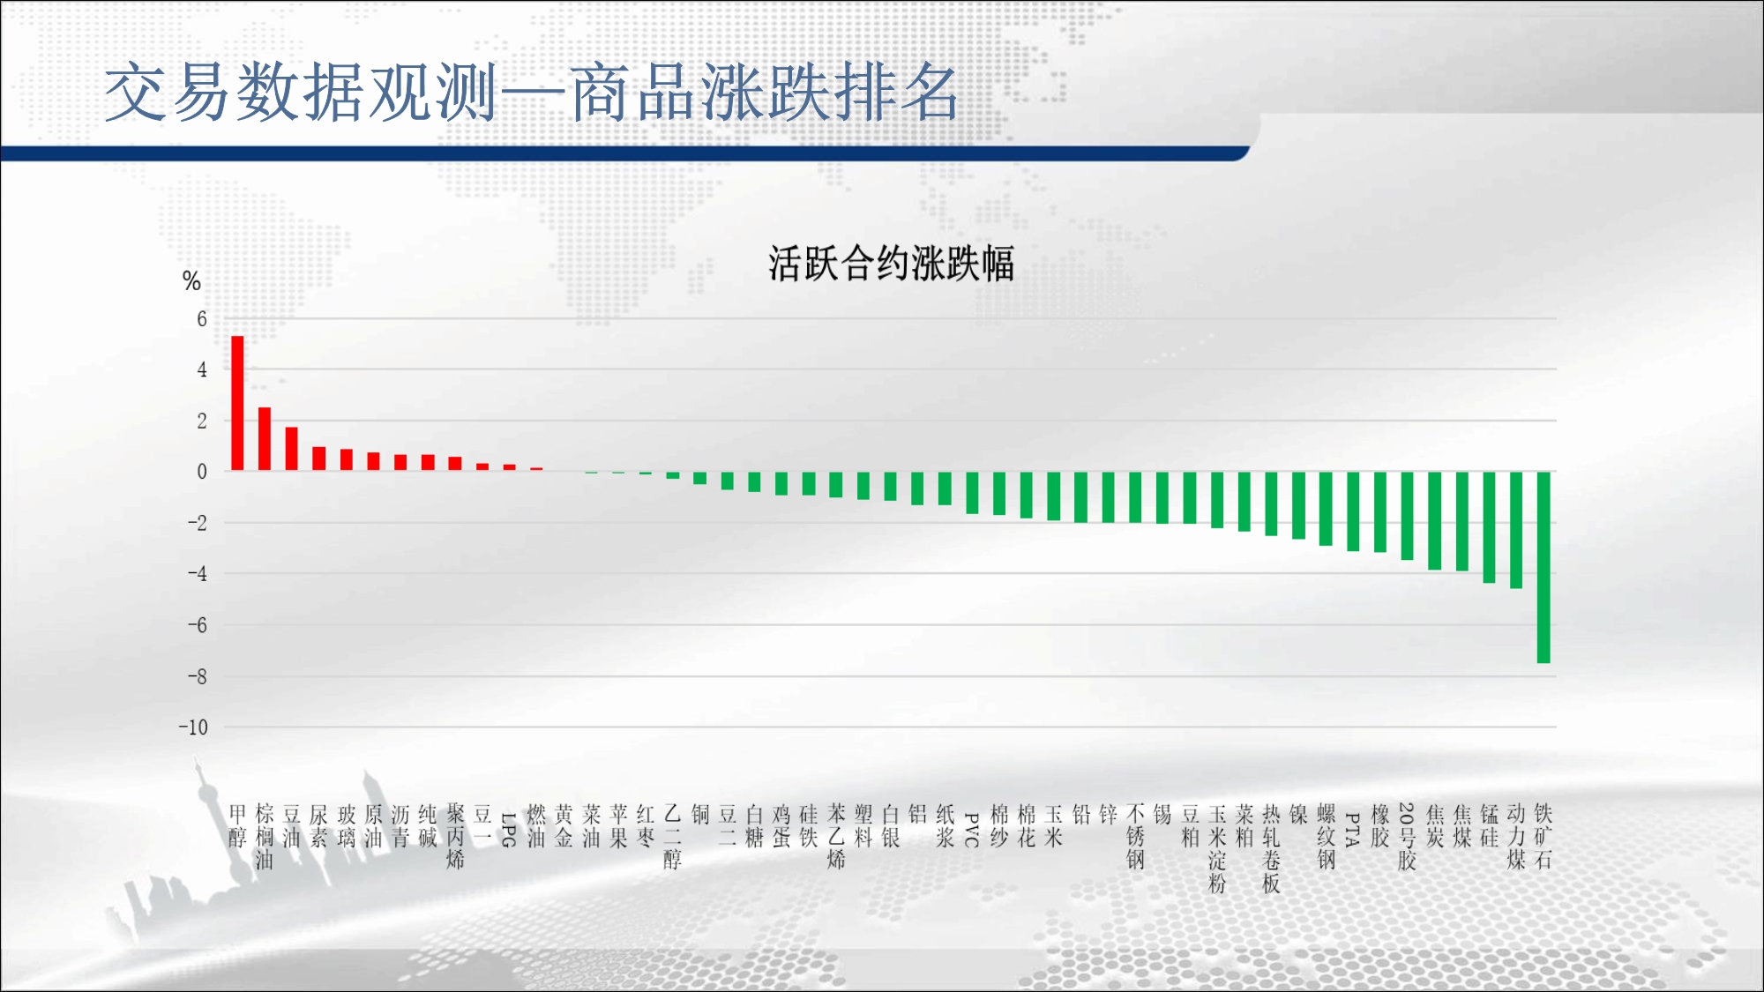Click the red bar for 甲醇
[x=237, y=403]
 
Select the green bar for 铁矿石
[x=1543, y=567]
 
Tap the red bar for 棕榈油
[x=265, y=439]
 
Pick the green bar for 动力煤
[x=1516, y=530]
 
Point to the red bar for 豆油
[x=292, y=449]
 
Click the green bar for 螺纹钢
[x=1326, y=509]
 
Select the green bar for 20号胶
[x=1408, y=516]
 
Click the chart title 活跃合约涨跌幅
[x=891, y=264]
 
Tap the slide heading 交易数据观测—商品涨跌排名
[x=531, y=93]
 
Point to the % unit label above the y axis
[x=191, y=281]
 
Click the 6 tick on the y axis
[x=202, y=319]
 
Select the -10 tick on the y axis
[x=193, y=727]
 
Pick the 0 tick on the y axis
[x=202, y=472]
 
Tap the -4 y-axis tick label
[x=197, y=574]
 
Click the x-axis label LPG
[x=509, y=830]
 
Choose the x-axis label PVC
[x=972, y=830]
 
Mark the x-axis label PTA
[x=1353, y=830]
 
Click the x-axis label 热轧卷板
[x=1271, y=848]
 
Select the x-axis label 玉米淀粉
[x=1217, y=848]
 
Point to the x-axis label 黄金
[x=564, y=825]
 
